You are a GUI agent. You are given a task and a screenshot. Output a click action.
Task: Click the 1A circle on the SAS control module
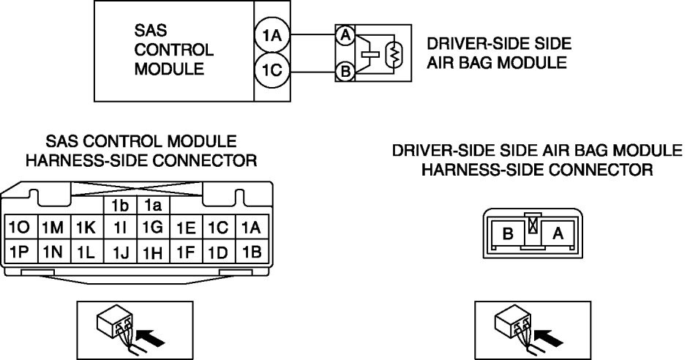click(x=273, y=34)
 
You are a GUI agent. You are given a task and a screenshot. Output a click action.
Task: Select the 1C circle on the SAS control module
click(x=273, y=71)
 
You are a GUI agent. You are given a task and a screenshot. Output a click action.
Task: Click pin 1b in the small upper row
click(x=118, y=206)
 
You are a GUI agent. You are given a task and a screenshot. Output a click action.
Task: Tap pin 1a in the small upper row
click(x=151, y=206)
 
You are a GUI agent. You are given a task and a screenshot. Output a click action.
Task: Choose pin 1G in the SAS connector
click(x=151, y=228)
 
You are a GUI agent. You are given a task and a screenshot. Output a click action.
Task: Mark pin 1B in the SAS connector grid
click(x=251, y=252)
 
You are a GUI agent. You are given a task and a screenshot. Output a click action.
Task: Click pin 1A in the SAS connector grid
click(x=251, y=228)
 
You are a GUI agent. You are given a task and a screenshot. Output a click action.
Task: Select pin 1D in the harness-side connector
click(x=218, y=252)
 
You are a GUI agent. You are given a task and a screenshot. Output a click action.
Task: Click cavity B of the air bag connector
click(x=506, y=234)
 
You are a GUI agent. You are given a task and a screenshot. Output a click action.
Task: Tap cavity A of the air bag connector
click(x=558, y=234)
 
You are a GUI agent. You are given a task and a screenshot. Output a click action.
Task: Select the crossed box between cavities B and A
click(x=533, y=226)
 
